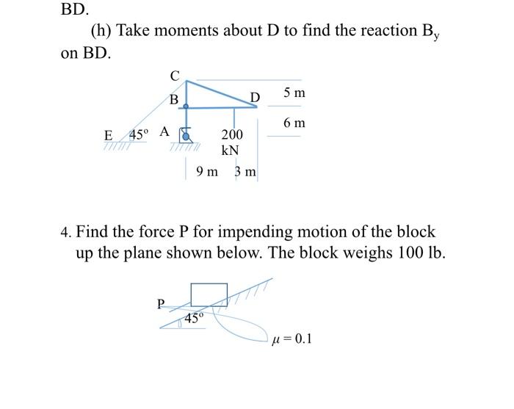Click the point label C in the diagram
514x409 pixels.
tap(174, 75)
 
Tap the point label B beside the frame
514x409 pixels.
tap(173, 99)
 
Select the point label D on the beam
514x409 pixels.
tap(255, 98)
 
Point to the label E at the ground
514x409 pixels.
tap(109, 136)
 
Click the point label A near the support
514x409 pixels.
tap(164, 132)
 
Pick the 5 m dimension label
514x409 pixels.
tap(294, 93)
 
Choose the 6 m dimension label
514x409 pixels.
tap(294, 123)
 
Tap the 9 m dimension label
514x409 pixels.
tap(208, 172)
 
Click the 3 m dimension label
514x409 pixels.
tap(245, 172)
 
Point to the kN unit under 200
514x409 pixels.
tap(231, 150)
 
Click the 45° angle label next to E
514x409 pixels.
tap(139, 134)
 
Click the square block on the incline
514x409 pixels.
tap(209, 293)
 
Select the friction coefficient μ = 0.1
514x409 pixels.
tap(292, 339)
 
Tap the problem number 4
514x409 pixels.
tap(65, 233)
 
